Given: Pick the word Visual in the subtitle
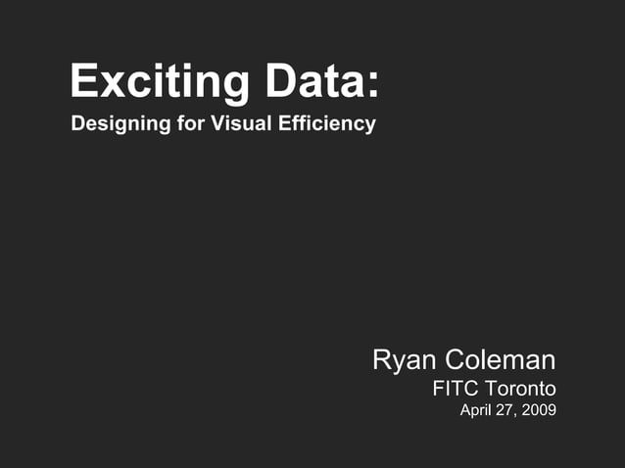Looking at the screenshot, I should coord(233,124).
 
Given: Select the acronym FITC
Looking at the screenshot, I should coord(455,388).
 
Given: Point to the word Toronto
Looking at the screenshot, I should coord(521,388).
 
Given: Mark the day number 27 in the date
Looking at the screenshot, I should coord(505,410).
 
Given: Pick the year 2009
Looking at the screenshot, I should coord(539,410).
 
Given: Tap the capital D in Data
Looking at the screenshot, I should coord(277,81).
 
